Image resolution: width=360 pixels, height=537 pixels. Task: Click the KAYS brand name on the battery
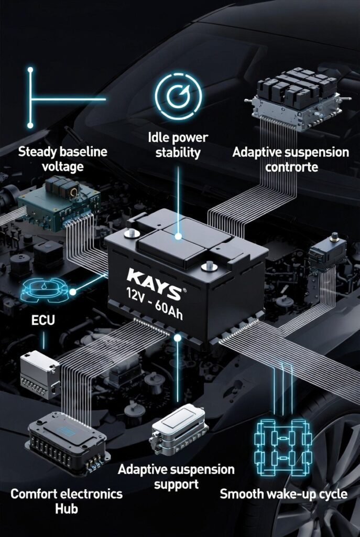coord(154,277)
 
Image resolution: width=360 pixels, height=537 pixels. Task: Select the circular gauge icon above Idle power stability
coord(178,97)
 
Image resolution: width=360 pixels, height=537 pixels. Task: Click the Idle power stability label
coord(178,145)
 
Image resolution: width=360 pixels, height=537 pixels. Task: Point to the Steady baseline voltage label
coord(62,159)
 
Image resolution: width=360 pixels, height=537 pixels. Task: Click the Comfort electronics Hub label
coord(66,501)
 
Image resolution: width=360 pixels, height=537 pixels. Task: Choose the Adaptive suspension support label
coord(176,475)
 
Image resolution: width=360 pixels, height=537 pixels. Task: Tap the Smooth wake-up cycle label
coord(283,493)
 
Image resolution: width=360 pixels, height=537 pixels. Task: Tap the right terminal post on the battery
coord(208,266)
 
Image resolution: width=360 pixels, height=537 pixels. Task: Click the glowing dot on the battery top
coord(178,237)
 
